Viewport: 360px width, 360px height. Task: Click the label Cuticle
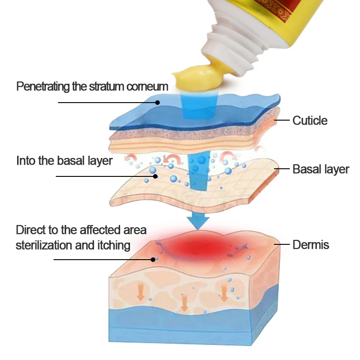(x=310, y=121)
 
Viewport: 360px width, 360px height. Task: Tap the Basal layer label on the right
(x=320, y=169)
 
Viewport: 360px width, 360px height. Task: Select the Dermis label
(x=310, y=245)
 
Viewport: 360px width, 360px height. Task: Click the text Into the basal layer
(x=64, y=161)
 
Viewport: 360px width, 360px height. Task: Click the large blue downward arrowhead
(x=198, y=222)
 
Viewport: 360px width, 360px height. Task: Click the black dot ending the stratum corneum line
(x=157, y=102)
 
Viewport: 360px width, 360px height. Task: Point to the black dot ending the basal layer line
(x=155, y=176)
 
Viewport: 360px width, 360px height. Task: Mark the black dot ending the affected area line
(x=153, y=259)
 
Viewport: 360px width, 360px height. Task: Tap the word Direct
(x=31, y=230)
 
